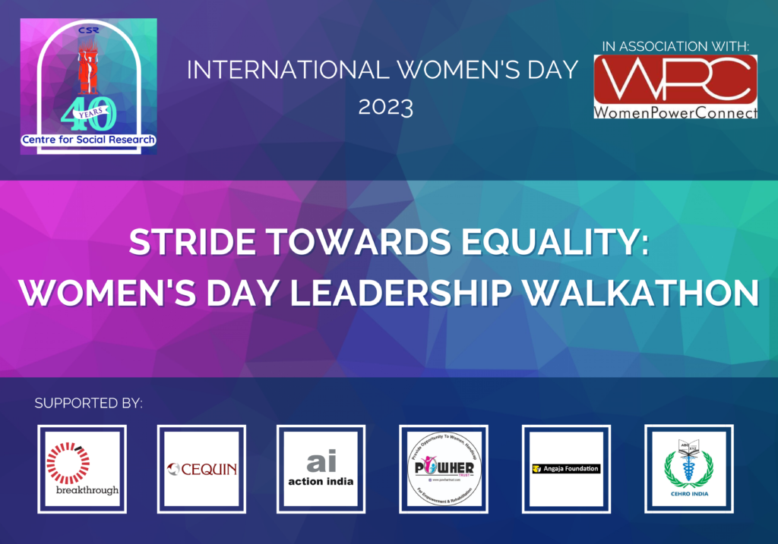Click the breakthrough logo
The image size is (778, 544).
[82, 469]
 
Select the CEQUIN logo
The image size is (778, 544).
[201, 469]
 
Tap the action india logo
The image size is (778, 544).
[321, 469]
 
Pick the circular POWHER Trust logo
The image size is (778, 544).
[444, 469]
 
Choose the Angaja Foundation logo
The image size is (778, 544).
[566, 469]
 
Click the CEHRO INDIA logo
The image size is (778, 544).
[688, 469]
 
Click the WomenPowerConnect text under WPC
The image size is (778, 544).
[675, 112]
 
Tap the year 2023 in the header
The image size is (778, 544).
[385, 107]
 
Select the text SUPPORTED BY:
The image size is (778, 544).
[89, 403]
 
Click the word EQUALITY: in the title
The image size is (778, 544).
[568, 244]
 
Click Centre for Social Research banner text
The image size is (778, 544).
[88, 140]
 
